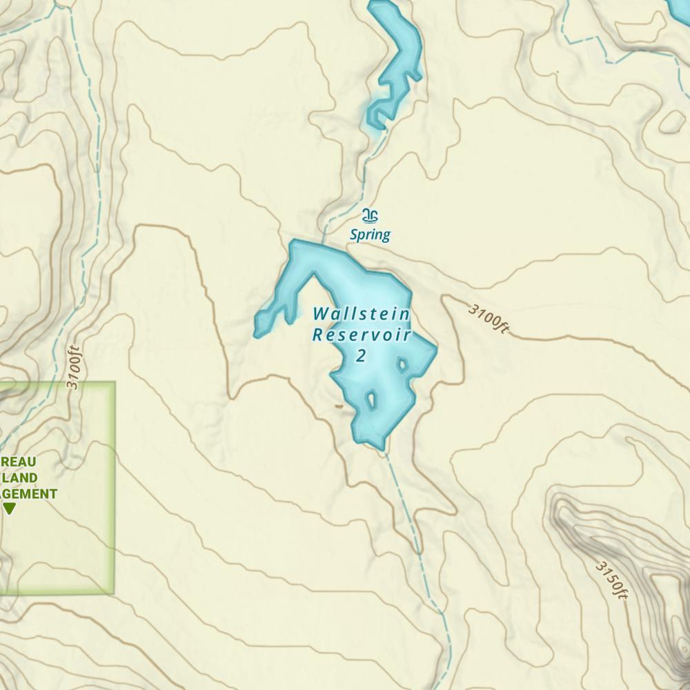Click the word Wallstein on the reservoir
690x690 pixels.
[x=361, y=314]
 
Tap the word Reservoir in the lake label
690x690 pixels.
[x=361, y=335]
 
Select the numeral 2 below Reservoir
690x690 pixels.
[x=360, y=356]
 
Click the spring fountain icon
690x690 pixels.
[x=371, y=216]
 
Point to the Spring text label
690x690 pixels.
[x=370, y=235]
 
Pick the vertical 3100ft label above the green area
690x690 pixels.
[x=74, y=367]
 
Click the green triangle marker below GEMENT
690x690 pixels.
[x=10, y=509]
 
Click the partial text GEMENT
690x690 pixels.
[x=29, y=493]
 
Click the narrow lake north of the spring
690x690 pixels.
[x=397, y=62]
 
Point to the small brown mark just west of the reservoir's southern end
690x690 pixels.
[x=339, y=406]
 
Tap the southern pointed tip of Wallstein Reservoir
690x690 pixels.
[x=382, y=446]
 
